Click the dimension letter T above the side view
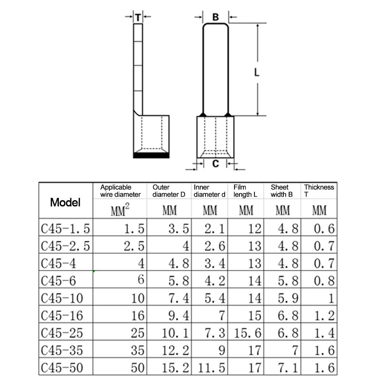tap(138, 17)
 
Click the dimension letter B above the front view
tap(215, 17)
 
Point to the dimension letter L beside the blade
tap(257, 72)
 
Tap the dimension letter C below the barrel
tap(215, 163)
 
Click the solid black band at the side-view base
tap(151, 155)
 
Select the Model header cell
tap(65, 202)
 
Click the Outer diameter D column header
tap(168, 191)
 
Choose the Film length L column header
tap(245, 191)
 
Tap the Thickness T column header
tap(319, 191)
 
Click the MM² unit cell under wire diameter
tap(120, 210)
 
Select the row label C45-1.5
tap(65, 228)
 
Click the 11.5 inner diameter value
tap(211, 367)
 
